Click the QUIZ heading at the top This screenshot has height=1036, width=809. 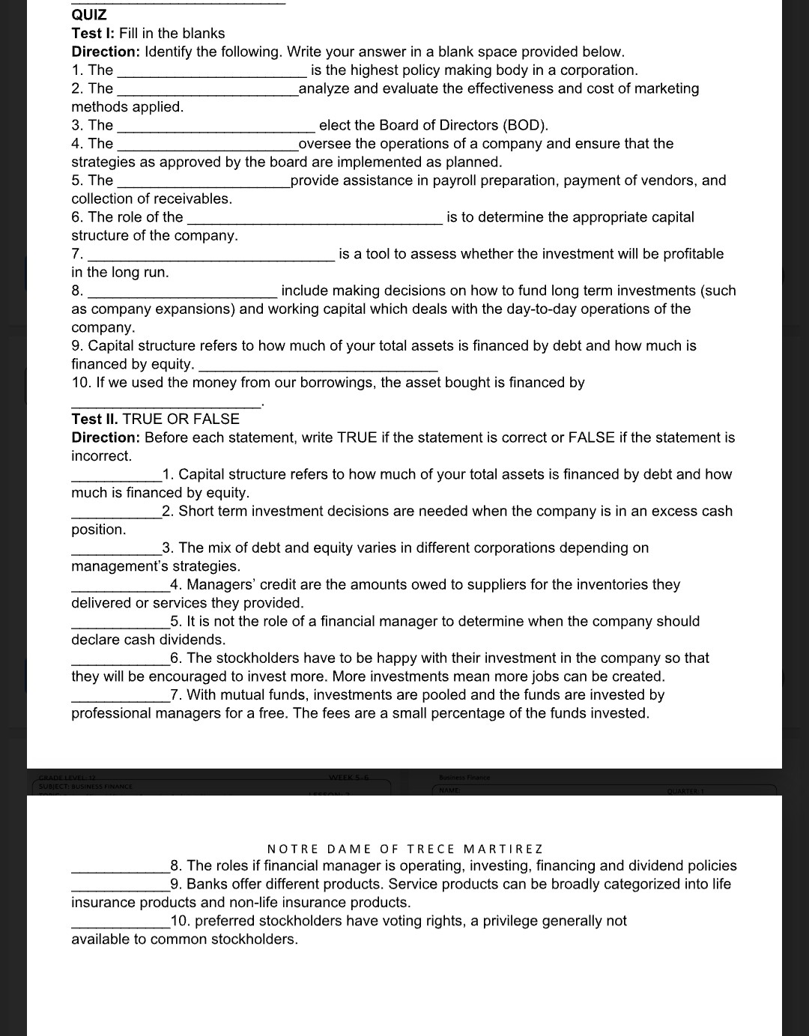[89, 15]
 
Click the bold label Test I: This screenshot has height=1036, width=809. [94, 34]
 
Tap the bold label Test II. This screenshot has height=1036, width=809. [95, 419]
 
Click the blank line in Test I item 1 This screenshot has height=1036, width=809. [212, 75]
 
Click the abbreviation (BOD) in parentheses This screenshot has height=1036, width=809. [525, 125]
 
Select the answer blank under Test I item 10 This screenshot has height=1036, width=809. [166, 405]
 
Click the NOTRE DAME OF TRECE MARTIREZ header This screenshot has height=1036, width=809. [404, 849]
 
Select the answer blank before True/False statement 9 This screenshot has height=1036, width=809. [120, 888]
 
